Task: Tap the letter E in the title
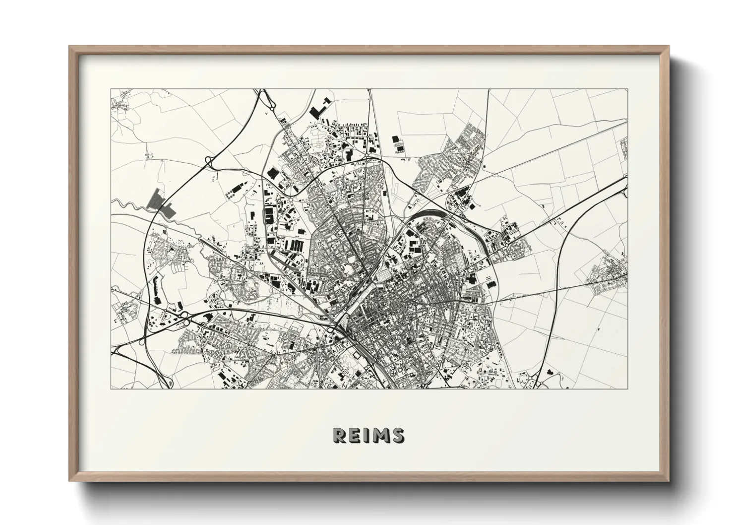[x=354, y=435]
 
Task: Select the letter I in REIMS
[x=366, y=435]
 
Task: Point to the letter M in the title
[x=379, y=435]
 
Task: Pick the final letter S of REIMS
[x=397, y=435]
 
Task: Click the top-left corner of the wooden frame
[x=70, y=47]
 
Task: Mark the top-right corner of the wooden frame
[x=669, y=47]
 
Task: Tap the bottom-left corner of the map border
[x=111, y=389]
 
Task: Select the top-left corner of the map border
[x=111, y=89]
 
